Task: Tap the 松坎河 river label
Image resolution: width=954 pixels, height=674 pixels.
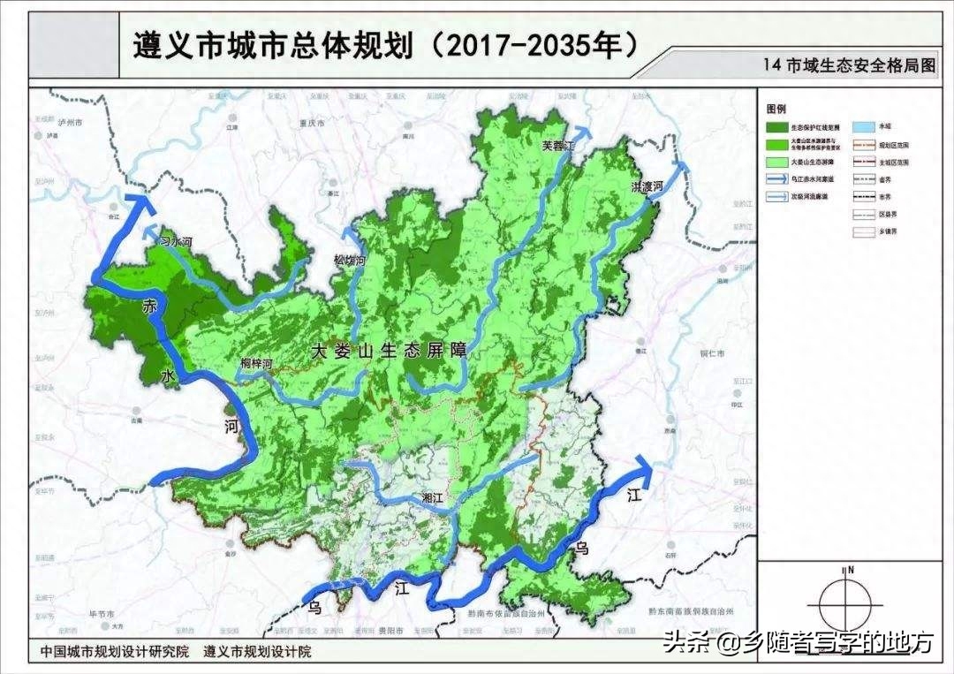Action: pos(350,261)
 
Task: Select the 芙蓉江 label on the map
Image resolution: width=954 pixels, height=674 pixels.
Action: pos(557,147)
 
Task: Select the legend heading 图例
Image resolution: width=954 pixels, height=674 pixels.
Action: pos(776,109)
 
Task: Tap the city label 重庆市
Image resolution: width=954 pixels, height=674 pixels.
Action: pos(316,125)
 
